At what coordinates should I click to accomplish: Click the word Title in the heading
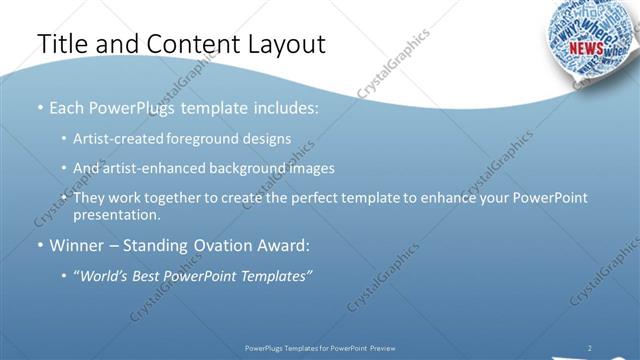pyautogui.click(x=62, y=44)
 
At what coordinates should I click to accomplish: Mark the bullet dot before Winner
pyautogui.click(x=40, y=246)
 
